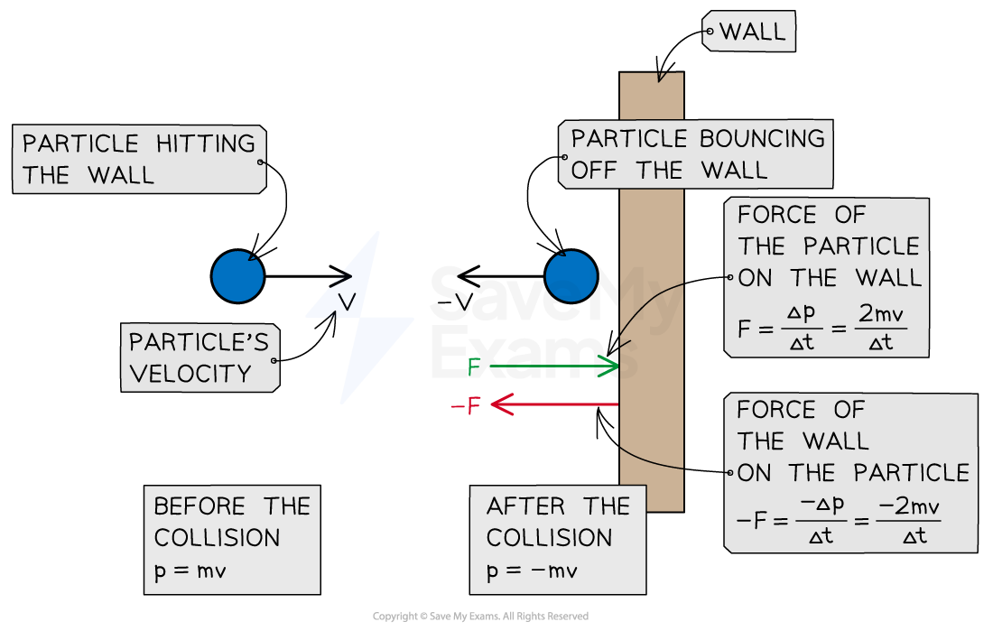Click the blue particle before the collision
click(237, 276)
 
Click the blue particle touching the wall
click(571, 276)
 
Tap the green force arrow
click(554, 367)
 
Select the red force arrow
click(555, 404)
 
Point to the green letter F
click(474, 367)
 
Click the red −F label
click(466, 405)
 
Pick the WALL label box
click(748, 31)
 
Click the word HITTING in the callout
click(206, 144)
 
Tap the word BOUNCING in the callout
click(762, 139)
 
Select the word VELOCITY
click(190, 374)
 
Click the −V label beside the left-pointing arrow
click(455, 302)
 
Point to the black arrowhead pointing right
click(340, 276)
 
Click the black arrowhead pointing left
click(469, 276)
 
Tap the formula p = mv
click(190, 571)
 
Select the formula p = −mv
click(532, 571)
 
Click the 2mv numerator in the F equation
click(881, 313)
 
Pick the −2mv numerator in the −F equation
click(909, 506)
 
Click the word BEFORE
click(199, 506)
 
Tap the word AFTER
click(526, 506)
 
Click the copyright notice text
click(480, 616)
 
